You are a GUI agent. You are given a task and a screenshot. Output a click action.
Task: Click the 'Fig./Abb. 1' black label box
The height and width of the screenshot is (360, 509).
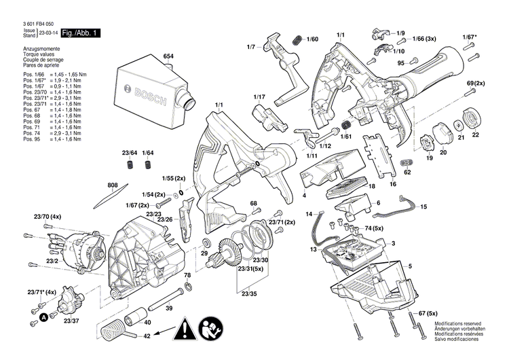(x=80, y=33)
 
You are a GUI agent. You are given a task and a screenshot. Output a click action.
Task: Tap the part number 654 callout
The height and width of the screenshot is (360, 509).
(x=168, y=56)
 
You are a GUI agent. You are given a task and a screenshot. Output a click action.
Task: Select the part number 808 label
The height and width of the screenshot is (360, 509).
(x=112, y=184)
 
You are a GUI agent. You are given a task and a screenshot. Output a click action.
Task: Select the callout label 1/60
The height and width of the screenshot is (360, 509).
(x=312, y=40)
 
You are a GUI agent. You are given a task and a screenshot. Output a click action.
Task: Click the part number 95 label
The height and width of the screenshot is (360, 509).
(x=400, y=63)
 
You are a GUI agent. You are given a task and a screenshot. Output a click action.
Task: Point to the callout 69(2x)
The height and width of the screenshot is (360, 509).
(x=476, y=83)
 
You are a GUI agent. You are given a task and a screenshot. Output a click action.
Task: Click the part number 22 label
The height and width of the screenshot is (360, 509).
(x=475, y=134)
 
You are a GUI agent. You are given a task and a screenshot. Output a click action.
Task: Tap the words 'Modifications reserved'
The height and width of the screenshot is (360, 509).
(x=459, y=323)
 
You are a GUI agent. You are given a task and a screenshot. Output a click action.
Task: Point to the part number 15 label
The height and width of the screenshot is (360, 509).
(x=423, y=206)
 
